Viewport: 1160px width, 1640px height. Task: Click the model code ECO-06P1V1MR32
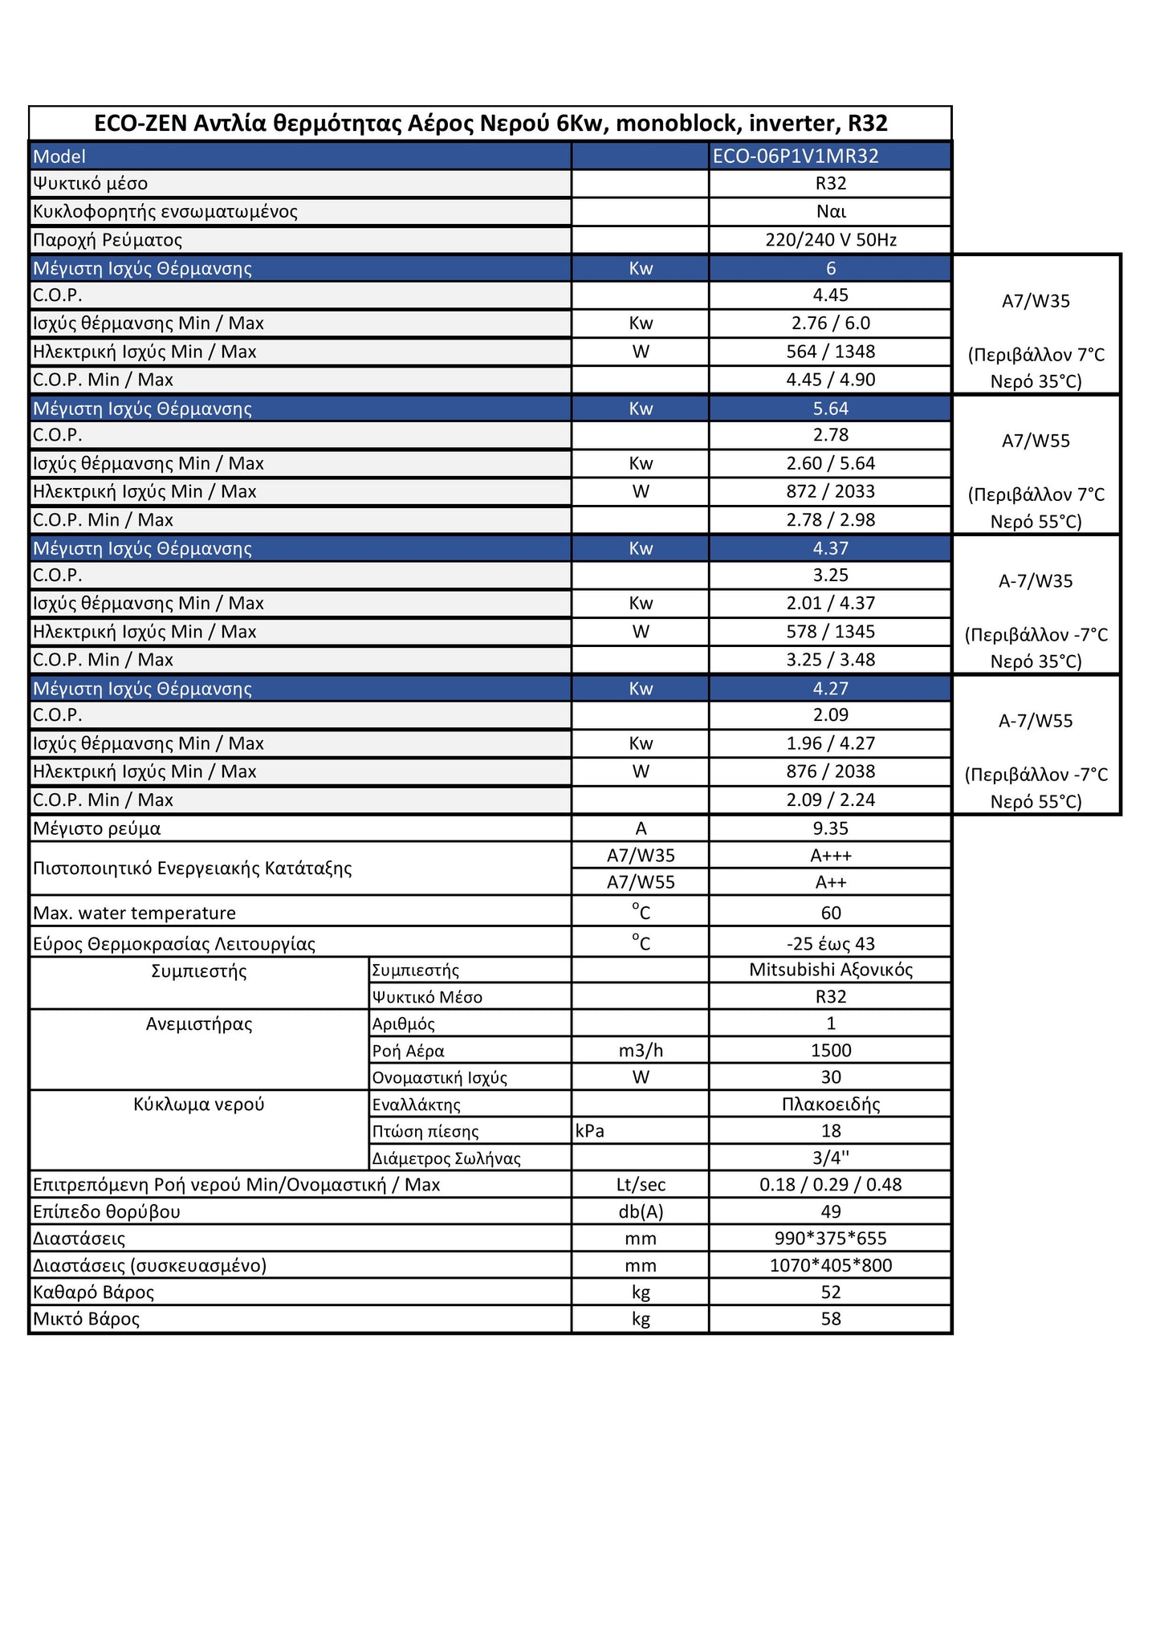tap(795, 156)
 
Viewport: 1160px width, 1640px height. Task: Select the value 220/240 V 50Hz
tap(830, 240)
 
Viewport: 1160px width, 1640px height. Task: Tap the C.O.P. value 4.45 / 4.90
tap(830, 380)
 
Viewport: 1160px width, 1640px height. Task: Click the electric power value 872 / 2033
tap(830, 491)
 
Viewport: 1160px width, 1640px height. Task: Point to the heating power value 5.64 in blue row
tap(830, 409)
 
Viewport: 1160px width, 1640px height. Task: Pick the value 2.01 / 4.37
tap(830, 603)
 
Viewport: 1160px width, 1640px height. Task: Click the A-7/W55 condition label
tap(1036, 721)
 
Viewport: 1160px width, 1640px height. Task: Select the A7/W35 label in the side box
tap(1036, 301)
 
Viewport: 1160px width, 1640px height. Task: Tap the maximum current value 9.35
tap(830, 828)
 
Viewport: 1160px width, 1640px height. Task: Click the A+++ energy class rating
tap(830, 856)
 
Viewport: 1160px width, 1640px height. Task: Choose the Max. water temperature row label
tap(134, 914)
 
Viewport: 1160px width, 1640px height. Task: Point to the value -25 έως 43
tap(830, 944)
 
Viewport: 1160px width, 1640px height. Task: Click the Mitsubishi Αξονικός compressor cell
tap(830, 970)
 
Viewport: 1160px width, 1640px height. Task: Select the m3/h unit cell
tap(640, 1051)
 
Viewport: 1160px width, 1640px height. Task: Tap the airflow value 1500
tap(830, 1051)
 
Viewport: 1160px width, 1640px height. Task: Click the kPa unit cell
tap(590, 1131)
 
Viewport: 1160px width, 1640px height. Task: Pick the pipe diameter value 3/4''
tap(830, 1158)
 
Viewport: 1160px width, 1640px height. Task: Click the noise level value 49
tap(830, 1211)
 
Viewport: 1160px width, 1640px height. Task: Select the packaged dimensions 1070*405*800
tap(830, 1265)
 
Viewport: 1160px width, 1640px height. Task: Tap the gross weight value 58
tap(830, 1319)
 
